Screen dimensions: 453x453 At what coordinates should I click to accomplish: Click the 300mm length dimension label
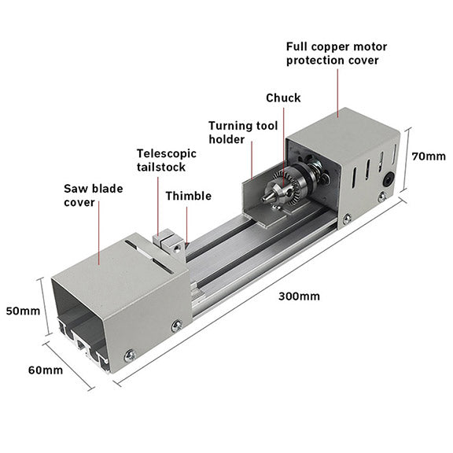point(299,296)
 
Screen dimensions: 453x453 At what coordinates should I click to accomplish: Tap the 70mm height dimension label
point(428,156)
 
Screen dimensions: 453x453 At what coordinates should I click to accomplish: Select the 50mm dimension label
point(22,311)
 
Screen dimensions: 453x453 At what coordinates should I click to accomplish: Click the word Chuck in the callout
point(283,98)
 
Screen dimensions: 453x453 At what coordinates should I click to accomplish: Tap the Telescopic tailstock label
point(166,160)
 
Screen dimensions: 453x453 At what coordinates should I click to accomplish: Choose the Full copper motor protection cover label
point(337,53)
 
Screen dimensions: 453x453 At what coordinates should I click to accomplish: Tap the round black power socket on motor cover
point(387,179)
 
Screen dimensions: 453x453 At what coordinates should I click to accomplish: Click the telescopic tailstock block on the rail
point(167,241)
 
